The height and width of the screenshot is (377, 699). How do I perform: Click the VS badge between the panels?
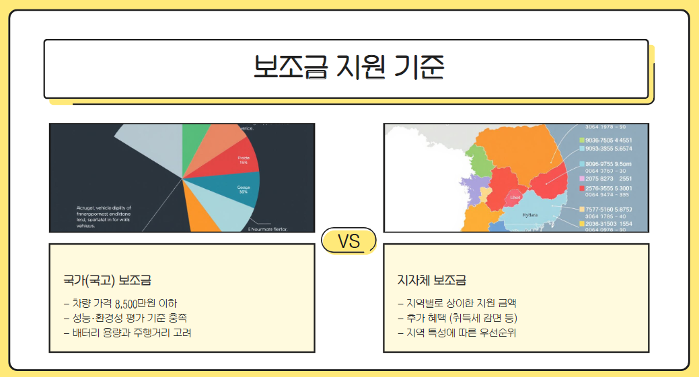click(348, 241)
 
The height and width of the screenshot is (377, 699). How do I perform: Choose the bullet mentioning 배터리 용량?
click(127, 333)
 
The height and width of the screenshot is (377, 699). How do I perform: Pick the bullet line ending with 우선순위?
click(457, 333)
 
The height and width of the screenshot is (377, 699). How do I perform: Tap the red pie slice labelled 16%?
click(242, 159)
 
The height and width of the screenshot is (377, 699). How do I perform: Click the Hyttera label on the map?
click(530, 216)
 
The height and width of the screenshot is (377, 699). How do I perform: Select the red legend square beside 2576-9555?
click(582, 189)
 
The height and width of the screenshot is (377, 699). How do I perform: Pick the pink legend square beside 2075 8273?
click(582, 179)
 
